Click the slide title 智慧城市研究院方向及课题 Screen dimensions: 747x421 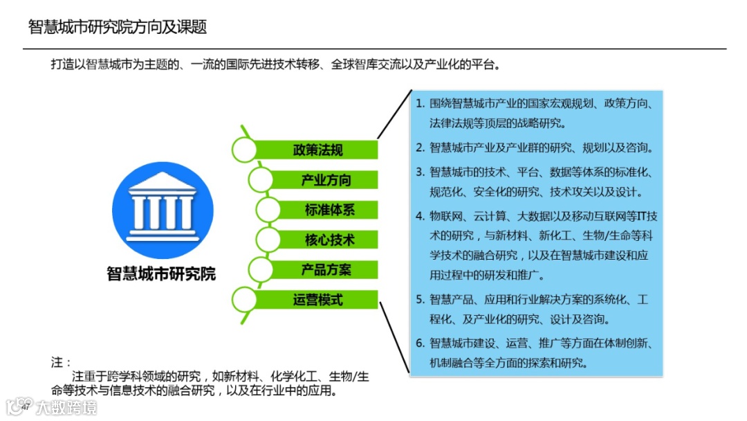[118, 27]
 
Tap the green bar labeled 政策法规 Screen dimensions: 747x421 [317, 150]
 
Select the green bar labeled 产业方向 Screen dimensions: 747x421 [326, 180]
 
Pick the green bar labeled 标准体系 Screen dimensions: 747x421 [329, 210]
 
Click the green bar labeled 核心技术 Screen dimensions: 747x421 [329, 240]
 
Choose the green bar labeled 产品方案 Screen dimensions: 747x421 [326, 270]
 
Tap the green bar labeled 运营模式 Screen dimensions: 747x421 [317, 300]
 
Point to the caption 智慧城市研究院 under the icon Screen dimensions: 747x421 [161, 274]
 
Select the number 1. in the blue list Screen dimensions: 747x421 [420, 103]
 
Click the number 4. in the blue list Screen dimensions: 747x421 [420, 215]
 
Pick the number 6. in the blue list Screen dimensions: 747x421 [420, 343]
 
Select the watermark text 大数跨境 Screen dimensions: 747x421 [67, 407]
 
